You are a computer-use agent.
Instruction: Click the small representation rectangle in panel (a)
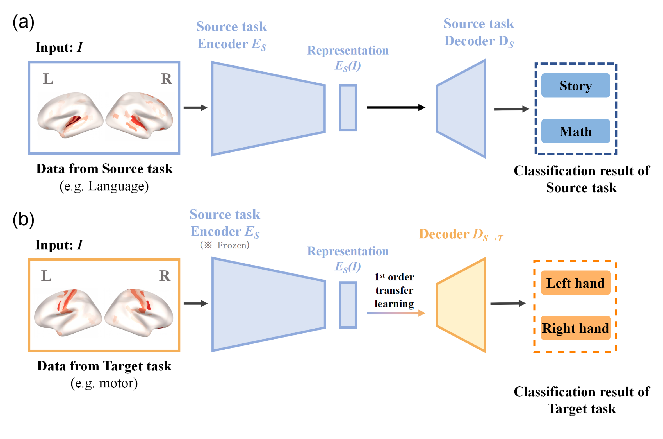(348, 108)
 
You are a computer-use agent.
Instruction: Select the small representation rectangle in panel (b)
(348, 305)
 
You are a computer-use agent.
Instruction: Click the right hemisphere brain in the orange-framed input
(139, 312)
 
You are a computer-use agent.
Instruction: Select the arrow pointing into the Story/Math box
(511, 109)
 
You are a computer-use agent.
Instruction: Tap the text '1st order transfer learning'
(394, 290)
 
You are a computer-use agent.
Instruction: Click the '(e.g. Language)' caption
(104, 186)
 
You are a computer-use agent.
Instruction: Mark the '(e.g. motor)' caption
(104, 383)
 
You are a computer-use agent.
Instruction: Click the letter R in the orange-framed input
(165, 276)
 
